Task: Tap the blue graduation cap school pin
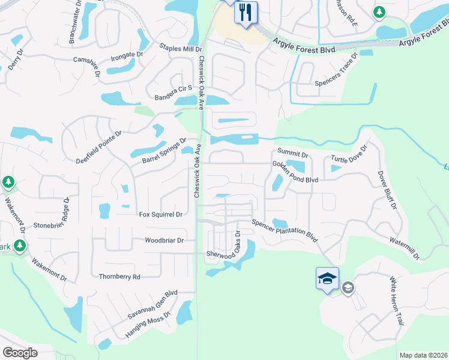click(327, 279)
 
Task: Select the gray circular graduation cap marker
click(348, 289)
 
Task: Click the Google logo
click(20, 352)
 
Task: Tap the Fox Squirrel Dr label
click(160, 214)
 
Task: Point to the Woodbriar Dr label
click(163, 240)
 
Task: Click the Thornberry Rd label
click(119, 277)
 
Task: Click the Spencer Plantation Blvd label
click(285, 230)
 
